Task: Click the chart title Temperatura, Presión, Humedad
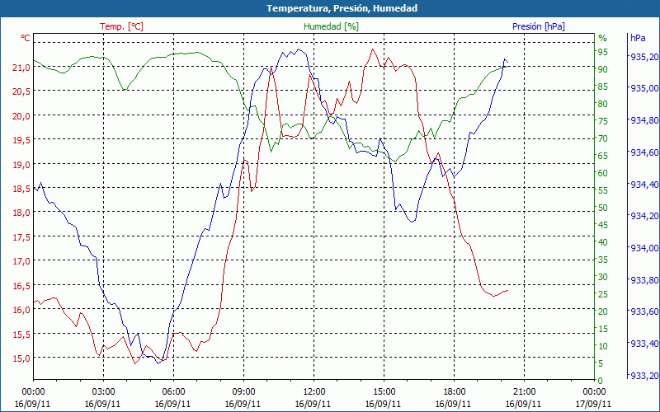click(x=330, y=8)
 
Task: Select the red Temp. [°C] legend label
click(x=121, y=26)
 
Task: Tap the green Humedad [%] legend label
click(x=331, y=26)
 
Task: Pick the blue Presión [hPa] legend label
click(x=538, y=26)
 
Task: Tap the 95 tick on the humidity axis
click(x=602, y=52)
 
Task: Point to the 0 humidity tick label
click(x=601, y=380)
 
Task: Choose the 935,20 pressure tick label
click(x=643, y=57)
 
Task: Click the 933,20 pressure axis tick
click(x=643, y=376)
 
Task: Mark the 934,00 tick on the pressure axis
click(x=643, y=248)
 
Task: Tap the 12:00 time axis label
click(x=314, y=392)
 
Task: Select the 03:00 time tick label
click(x=103, y=392)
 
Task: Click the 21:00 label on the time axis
click(x=525, y=392)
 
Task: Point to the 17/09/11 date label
click(x=595, y=404)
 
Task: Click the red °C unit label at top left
click(x=26, y=38)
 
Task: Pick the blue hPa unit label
click(x=638, y=38)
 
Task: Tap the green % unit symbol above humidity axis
click(x=602, y=38)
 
